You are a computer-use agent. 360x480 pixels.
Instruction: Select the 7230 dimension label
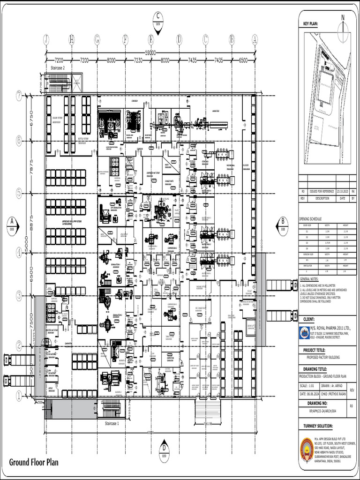(138, 60)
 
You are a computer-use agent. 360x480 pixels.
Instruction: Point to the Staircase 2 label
(61, 68)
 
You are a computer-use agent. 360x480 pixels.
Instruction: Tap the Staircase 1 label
(112, 423)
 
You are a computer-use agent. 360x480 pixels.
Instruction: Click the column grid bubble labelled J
(46, 40)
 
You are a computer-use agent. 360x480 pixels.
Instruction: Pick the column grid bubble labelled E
(151, 40)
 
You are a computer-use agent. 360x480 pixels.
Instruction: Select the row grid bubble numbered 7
(19, 97)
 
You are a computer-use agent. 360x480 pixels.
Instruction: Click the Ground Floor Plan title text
(34, 463)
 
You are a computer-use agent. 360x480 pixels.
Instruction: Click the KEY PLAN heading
(310, 23)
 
